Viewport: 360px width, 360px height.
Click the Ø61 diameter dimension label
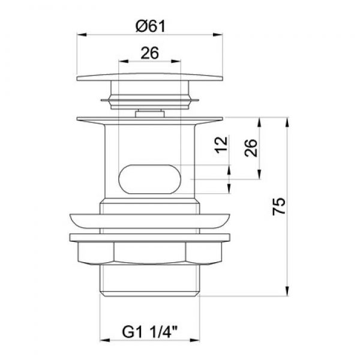coord(151,26)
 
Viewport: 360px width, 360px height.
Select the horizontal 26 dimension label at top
coord(149,53)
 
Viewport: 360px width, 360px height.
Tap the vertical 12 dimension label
coord(221,145)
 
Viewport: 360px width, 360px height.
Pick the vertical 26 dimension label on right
coord(251,148)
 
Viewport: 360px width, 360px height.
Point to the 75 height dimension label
coord(279,206)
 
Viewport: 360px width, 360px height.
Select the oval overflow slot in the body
coord(149,179)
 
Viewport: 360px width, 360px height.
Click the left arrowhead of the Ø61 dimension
coord(82,35)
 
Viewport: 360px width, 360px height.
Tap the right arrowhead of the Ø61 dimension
coord(218,35)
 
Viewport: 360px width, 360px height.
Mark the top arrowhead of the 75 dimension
coord(287,122)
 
